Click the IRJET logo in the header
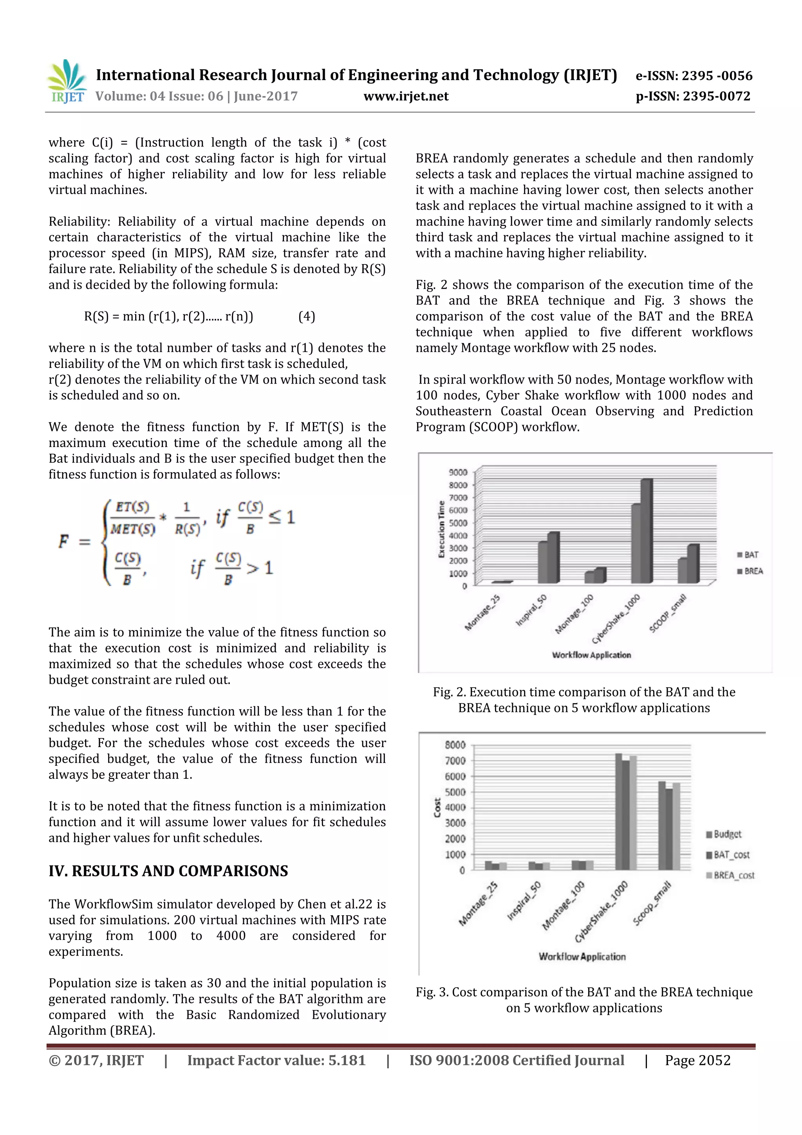(67, 81)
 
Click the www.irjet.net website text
(406, 96)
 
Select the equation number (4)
(306, 317)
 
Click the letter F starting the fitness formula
(64, 541)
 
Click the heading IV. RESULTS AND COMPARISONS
(168, 871)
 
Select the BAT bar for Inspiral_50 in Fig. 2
(543, 562)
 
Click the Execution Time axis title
(441, 529)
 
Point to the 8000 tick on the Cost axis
(455, 744)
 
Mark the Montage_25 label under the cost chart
(478, 903)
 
